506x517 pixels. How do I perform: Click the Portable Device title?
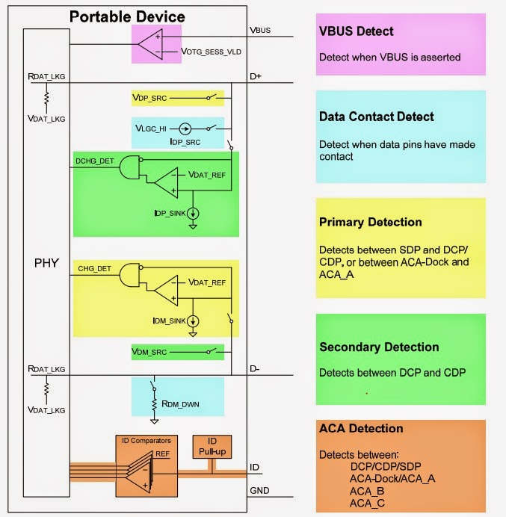[127, 16]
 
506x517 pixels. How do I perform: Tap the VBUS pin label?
[261, 31]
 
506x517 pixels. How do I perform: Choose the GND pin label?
[259, 491]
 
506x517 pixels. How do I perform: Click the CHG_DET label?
[92, 267]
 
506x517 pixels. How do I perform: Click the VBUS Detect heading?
[356, 31]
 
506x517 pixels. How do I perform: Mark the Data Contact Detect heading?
[376, 117]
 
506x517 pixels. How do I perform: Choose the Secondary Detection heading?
[379, 347]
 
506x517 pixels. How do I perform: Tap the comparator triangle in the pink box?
[152, 42]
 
